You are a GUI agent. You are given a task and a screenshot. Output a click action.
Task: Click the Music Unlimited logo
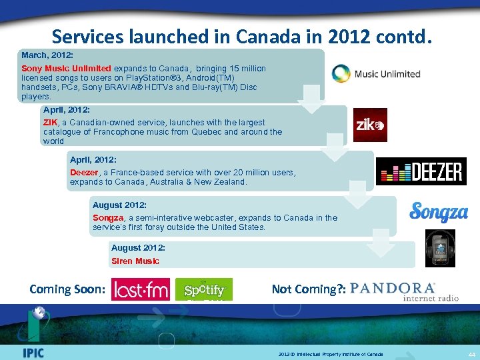pos(377,73)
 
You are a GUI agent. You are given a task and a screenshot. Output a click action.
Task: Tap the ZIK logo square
pos(370,125)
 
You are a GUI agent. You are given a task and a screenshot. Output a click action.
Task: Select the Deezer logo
pos(421,171)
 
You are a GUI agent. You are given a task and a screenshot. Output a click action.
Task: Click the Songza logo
pos(438,213)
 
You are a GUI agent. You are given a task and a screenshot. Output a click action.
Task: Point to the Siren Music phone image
pos(440,248)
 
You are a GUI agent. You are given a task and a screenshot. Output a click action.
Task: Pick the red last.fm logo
pos(141,289)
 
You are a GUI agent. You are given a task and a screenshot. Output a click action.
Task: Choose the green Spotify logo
pos(204,289)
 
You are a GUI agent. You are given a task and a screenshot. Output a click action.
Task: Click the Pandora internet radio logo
pos(404,291)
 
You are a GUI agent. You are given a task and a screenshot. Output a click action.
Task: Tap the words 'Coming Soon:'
pos(67,289)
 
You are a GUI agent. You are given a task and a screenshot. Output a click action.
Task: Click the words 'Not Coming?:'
pos(309,289)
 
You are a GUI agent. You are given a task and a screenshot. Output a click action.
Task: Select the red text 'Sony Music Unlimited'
pos(66,68)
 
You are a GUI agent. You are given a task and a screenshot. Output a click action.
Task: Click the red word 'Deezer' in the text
pos(85,172)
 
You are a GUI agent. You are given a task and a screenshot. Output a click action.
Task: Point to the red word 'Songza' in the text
pos(108,217)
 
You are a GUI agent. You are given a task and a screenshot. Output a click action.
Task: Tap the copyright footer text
pos(331,354)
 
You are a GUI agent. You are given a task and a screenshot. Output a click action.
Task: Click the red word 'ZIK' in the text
pos(50,122)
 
